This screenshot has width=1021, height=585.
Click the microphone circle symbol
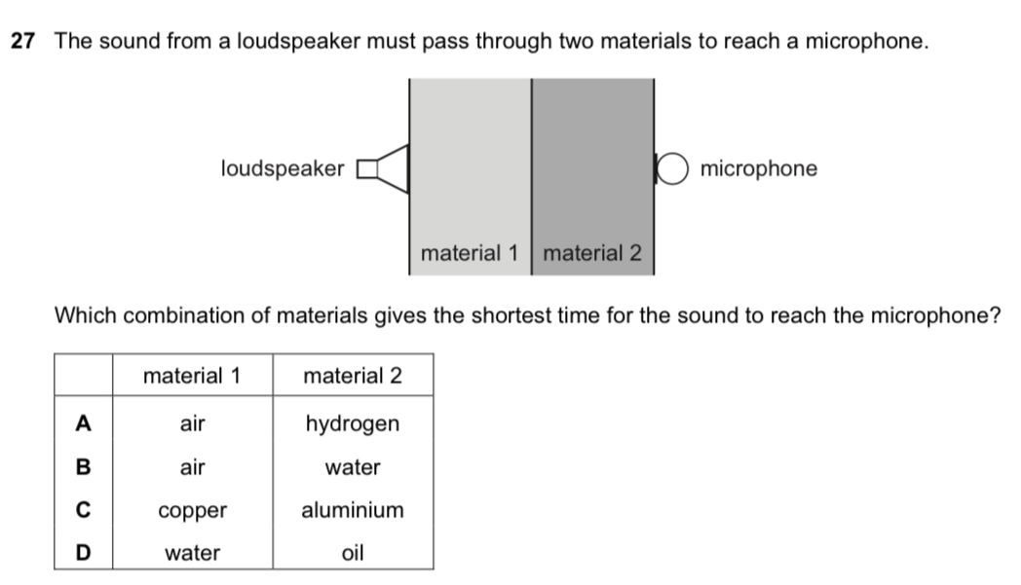click(x=674, y=169)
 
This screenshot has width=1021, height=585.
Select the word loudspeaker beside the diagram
click(x=283, y=169)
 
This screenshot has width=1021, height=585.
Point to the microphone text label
click(x=759, y=169)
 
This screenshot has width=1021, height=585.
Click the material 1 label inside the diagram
click(x=469, y=254)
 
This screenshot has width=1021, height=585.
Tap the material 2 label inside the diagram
click(x=592, y=254)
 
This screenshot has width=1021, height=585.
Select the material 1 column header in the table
click(x=192, y=376)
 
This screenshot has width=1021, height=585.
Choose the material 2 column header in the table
click(x=353, y=376)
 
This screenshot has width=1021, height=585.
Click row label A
click(x=84, y=423)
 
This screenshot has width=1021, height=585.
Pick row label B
click(x=84, y=467)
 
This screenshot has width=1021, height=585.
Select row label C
click(x=84, y=510)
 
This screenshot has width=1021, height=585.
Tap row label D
click(x=84, y=553)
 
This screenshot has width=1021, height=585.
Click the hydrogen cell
click(x=353, y=424)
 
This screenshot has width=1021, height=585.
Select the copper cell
click(x=192, y=511)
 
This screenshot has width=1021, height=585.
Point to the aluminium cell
click(x=353, y=510)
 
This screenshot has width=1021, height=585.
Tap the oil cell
click(x=353, y=553)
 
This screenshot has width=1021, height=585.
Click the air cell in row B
click(x=192, y=467)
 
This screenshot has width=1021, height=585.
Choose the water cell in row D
click(x=192, y=553)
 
